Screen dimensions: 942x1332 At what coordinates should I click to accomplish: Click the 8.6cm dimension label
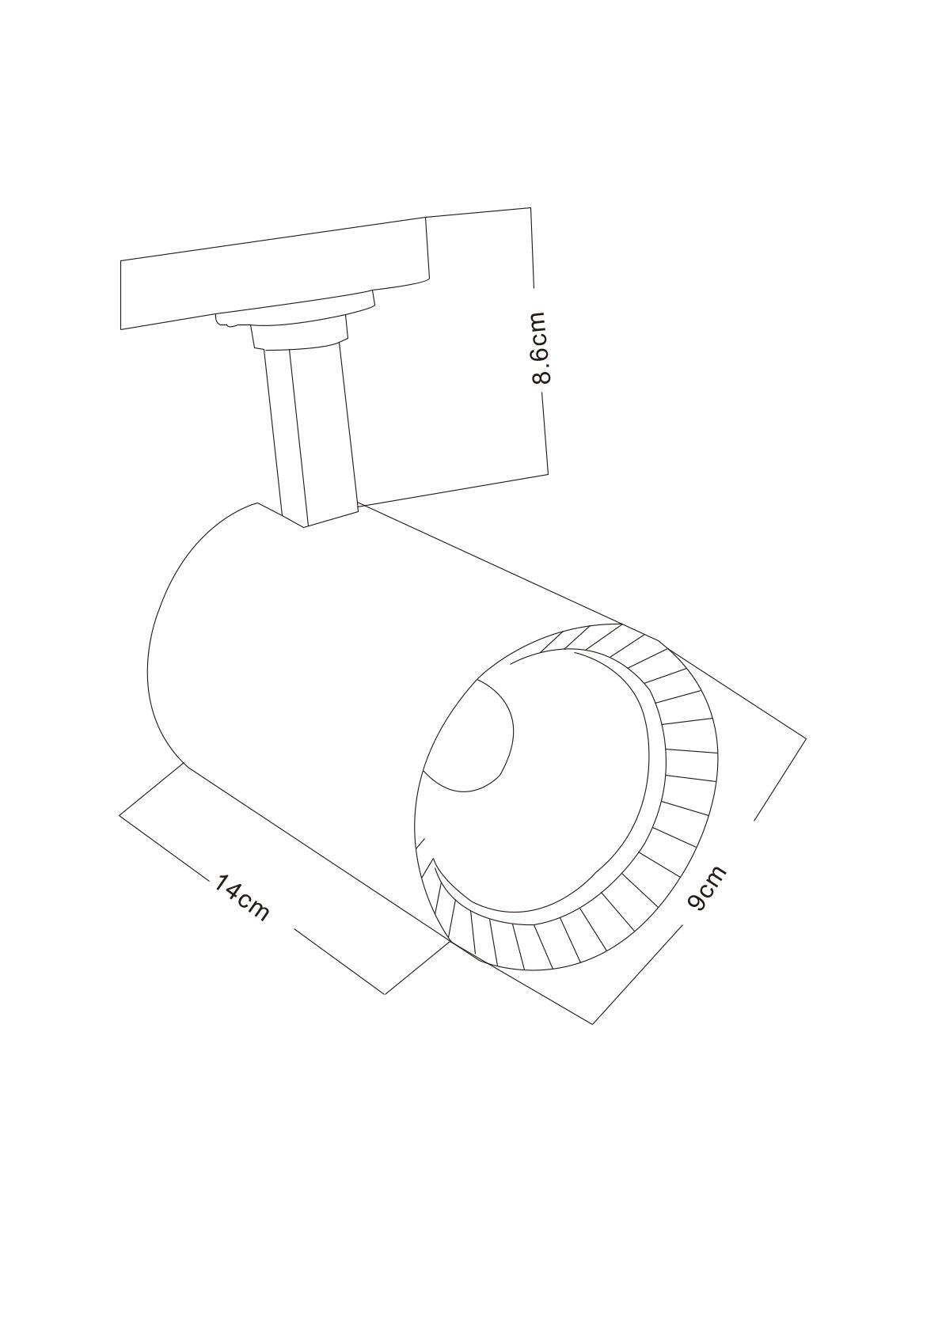(x=539, y=347)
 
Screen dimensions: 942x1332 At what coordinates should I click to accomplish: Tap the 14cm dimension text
(x=241, y=897)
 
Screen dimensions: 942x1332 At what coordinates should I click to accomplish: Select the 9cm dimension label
(x=706, y=887)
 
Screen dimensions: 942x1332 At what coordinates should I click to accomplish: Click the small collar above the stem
(x=300, y=334)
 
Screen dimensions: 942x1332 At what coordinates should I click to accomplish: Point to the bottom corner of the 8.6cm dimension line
(x=548, y=474)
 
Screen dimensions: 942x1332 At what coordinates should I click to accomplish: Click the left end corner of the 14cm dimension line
(x=120, y=814)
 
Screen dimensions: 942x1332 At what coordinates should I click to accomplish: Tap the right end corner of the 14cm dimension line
(x=385, y=993)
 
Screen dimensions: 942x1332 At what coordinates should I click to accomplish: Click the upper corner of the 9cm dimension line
(x=805, y=738)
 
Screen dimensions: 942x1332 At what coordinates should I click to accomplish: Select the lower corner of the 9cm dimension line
(x=593, y=1024)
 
